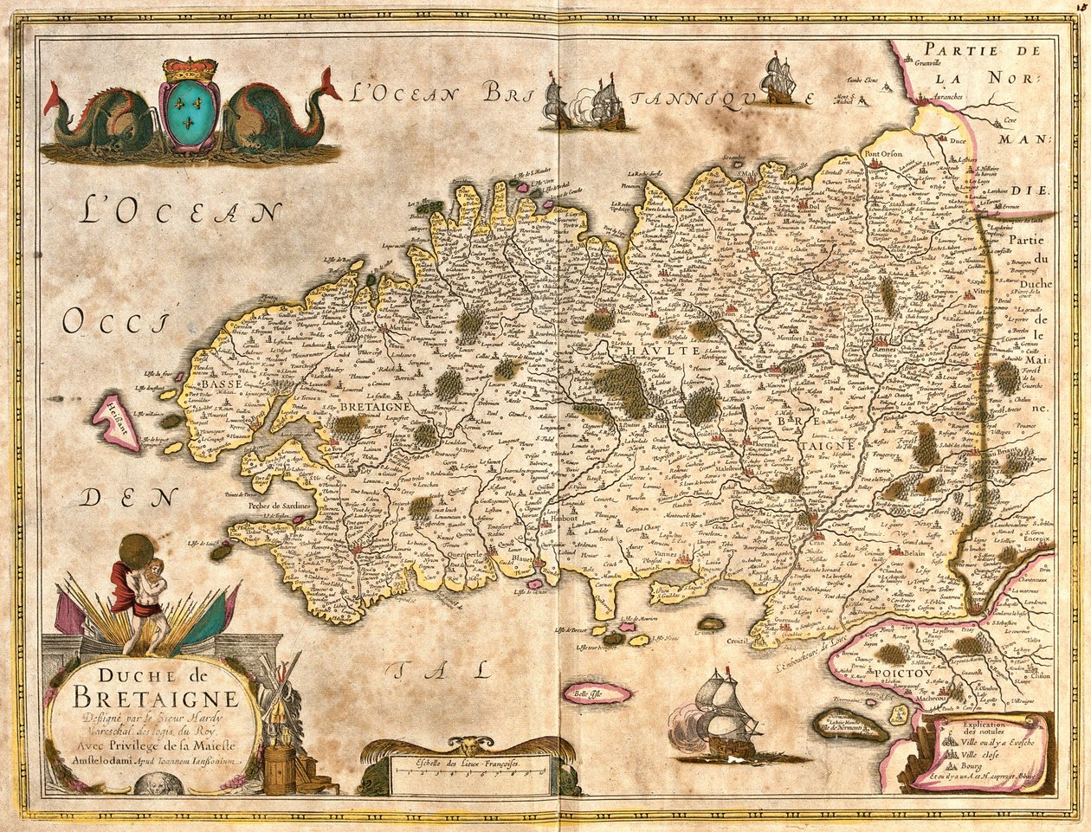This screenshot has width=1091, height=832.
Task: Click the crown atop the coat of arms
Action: click(x=190, y=69)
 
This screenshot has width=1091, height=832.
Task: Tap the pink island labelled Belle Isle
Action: click(x=596, y=693)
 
